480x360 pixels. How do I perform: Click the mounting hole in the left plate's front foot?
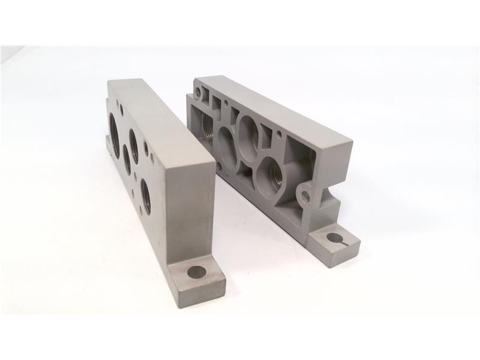tap(196, 272)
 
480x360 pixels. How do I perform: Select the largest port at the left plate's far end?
tap(115, 129)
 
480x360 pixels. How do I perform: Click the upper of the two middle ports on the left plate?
tap(133, 146)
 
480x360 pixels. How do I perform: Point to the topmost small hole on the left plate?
tap(122, 110)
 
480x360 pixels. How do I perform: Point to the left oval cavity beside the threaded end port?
tap(227, 145)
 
